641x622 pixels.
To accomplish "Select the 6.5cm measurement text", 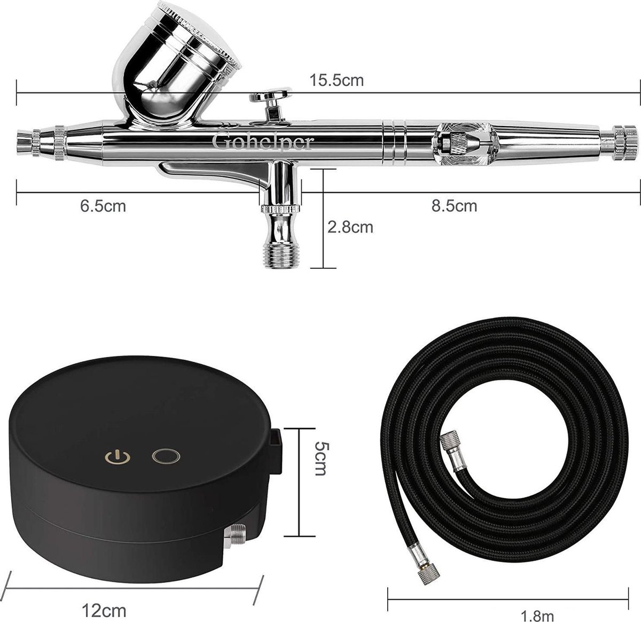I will click(103, 206).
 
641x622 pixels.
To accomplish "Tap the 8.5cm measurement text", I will click(454, 205).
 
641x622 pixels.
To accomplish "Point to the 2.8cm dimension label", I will click(350, 227).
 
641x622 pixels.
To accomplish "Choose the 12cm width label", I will click(105, 609).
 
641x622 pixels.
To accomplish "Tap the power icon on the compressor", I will click(110, 457).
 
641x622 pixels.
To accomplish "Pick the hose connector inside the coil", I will click(451, 452).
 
